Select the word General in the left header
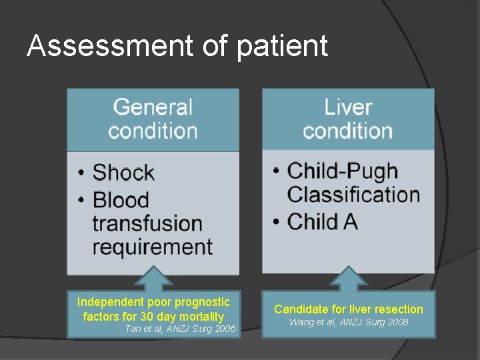click(x=153, y=107)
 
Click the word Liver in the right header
click(x=347, y=107)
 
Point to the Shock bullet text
click(x=123, y=173)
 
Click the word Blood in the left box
click(x=121, y=199)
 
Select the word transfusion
click(x=147, y=223)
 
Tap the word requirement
click(x=152, y=246)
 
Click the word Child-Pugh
click(x=342, y=171)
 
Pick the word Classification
click(x=353, y=195)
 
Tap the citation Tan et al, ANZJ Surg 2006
click(x=180, y=329)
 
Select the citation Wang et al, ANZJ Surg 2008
click(x=348, y=323)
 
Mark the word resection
click(x=398, y=309)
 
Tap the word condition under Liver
click(x=347, y=130)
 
